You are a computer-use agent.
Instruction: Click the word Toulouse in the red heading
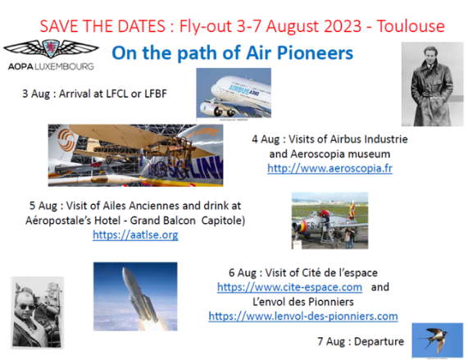[x=411, y=26]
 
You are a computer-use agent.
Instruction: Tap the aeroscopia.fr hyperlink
[x=329, y=168]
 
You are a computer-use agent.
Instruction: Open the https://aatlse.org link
[x=135, y=235]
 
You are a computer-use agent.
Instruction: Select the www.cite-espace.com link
[x=289, y=287]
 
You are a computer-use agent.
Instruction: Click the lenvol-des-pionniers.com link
[x=303, y=316]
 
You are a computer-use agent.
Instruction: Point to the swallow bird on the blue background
[x=436, y=339]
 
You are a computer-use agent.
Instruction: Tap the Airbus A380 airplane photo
[x=234, y=93]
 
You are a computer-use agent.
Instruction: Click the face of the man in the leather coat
[x=430, y=56]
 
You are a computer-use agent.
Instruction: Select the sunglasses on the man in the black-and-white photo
[x=28, y=307]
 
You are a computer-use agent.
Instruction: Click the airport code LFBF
[x=156, y=93]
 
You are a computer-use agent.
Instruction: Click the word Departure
[x=379, y=341]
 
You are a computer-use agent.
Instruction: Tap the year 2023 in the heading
[x=343, y=26]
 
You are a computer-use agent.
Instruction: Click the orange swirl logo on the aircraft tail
[x=66, y=139]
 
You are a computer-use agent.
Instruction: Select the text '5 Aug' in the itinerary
[x=43, y=206]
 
